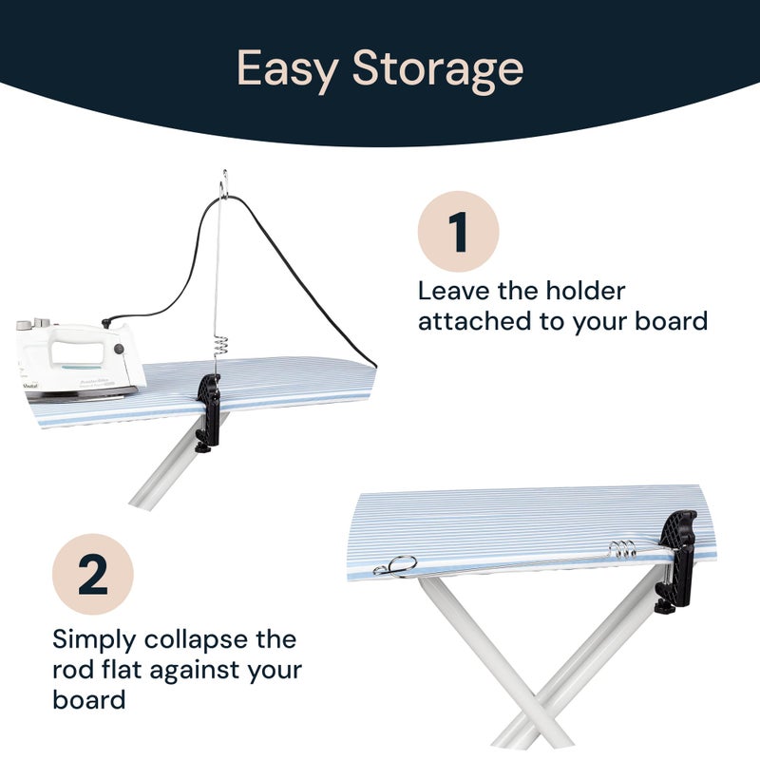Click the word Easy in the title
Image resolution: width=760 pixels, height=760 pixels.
click(x=287, y=69)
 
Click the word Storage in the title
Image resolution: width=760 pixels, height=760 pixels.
click(x=438, y=69)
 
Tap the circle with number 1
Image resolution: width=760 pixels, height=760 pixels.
click(x=459, y=231)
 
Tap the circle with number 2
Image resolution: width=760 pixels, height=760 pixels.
click(x=92, y=574)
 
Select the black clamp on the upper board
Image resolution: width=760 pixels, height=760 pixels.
click(x=208, y=408)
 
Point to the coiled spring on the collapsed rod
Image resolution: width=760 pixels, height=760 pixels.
click(x=621, y=551)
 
